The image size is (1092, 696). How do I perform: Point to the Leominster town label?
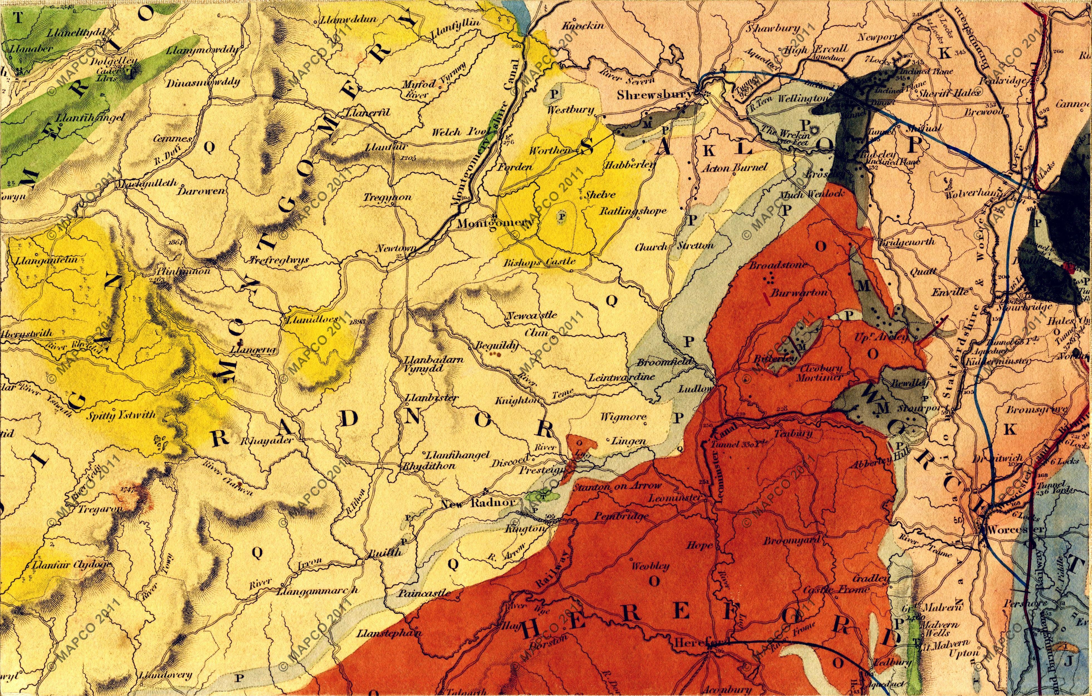[x=675, y=498]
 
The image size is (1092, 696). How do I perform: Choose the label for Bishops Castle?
[x=540, y=261]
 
